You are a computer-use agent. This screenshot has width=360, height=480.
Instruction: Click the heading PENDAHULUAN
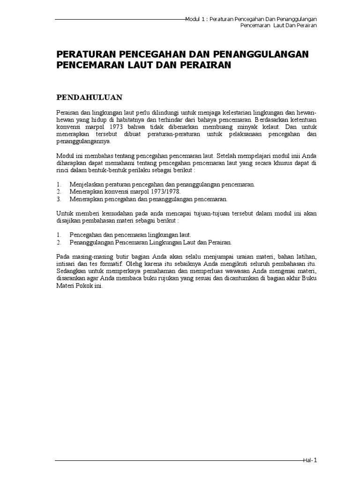pos(90,97)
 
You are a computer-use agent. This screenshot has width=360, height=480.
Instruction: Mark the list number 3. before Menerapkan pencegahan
pos(59,199)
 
